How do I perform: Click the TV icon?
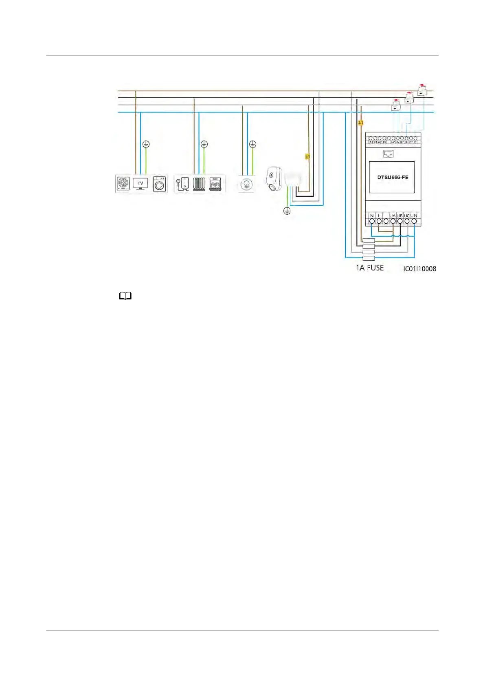140,184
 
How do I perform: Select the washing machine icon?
160,184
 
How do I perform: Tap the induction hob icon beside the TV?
123,184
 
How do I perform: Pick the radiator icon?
199,184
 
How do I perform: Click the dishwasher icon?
216,184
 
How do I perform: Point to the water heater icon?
182,184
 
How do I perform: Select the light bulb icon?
246,184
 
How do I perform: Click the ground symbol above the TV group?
146,144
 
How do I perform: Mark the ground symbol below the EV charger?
287,211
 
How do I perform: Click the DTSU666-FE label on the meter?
392,177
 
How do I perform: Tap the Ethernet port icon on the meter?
388,154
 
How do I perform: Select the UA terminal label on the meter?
392,215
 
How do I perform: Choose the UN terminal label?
414,215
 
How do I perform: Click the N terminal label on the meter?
372,215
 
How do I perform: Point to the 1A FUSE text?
370,268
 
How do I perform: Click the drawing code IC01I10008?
419,269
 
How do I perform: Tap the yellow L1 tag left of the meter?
360,122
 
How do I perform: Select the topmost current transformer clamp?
423,90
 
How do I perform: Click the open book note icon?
125,297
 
